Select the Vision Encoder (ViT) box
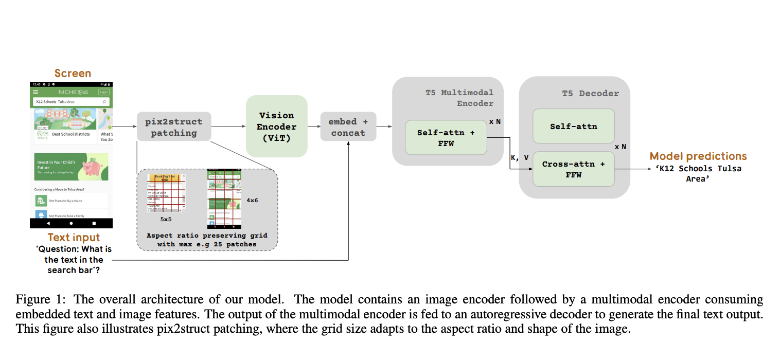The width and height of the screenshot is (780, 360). tap(276, 127)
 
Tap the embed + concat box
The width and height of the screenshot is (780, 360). tap(348, 127)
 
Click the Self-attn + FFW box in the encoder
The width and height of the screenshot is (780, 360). tap(446, 137)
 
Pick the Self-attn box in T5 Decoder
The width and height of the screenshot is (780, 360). tap(573, 126)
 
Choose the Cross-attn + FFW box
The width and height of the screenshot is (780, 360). tap(573, 169)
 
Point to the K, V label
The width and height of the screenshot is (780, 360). tap(519, 158)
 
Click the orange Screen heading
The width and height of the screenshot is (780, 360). tap(73, 74)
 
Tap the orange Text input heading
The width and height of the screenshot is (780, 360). tap(74, 238)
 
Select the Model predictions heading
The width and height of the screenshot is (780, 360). tap(698, 156)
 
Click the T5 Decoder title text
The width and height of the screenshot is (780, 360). tap(590, 93)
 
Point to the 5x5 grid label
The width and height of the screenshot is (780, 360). tap(166, 219)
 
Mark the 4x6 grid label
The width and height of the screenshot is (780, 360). tap(252, 200)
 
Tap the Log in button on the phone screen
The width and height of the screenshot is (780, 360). tap(103, 92)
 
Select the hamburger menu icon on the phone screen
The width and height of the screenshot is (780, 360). tap(36, 92)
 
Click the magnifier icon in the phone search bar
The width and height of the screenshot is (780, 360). tap(104, 102)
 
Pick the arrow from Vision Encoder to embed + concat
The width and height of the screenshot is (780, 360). tap(314, 127)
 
